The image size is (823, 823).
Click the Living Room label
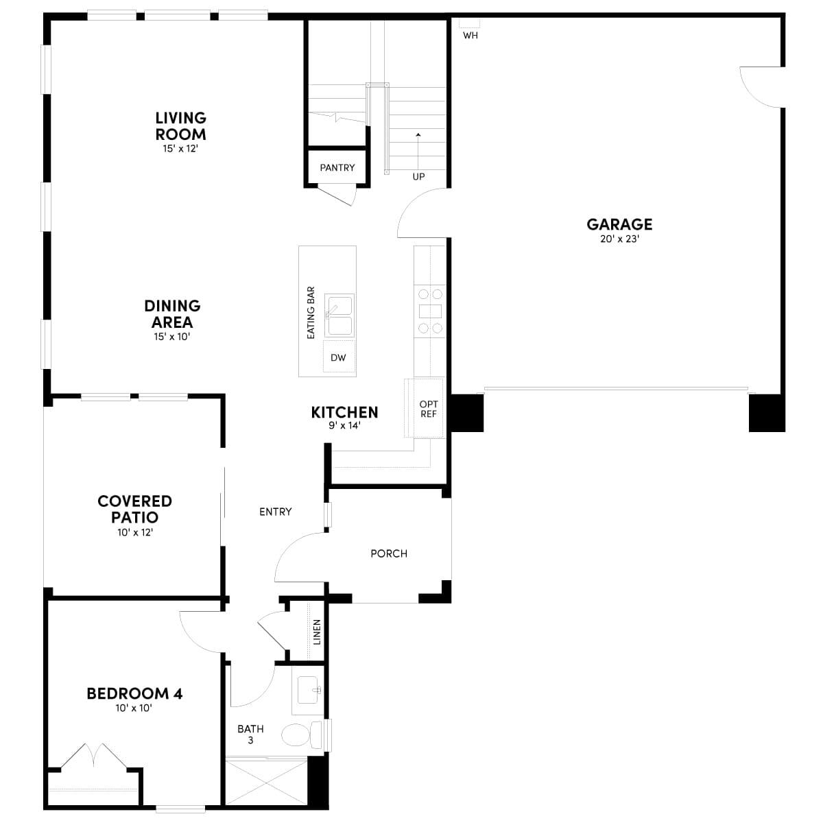[x=180, y=126]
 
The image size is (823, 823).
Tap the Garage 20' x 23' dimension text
[x=619, y=239]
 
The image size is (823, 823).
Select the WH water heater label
[x=470, y=36]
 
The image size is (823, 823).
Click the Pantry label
[x=337, y=167]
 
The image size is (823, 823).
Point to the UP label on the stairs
[x=418, y=176]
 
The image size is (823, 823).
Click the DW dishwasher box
[x=338, y=357]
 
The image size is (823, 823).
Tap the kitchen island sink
[x=339, y=315]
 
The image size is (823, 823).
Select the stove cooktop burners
[x=430, y=311]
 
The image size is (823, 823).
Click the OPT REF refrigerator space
[x=428, y=409]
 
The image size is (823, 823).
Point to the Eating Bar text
[x=311, y=313]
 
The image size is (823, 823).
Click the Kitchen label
[x=344, y=412]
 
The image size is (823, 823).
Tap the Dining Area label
[x=172, y=314]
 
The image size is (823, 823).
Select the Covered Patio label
[x=134, y=509]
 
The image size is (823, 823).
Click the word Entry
[x=275, y=512]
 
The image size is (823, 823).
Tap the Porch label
[x=389, y=553]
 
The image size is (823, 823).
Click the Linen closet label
[x=317, y=632]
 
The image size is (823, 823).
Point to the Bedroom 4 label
[x=134, y=693]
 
